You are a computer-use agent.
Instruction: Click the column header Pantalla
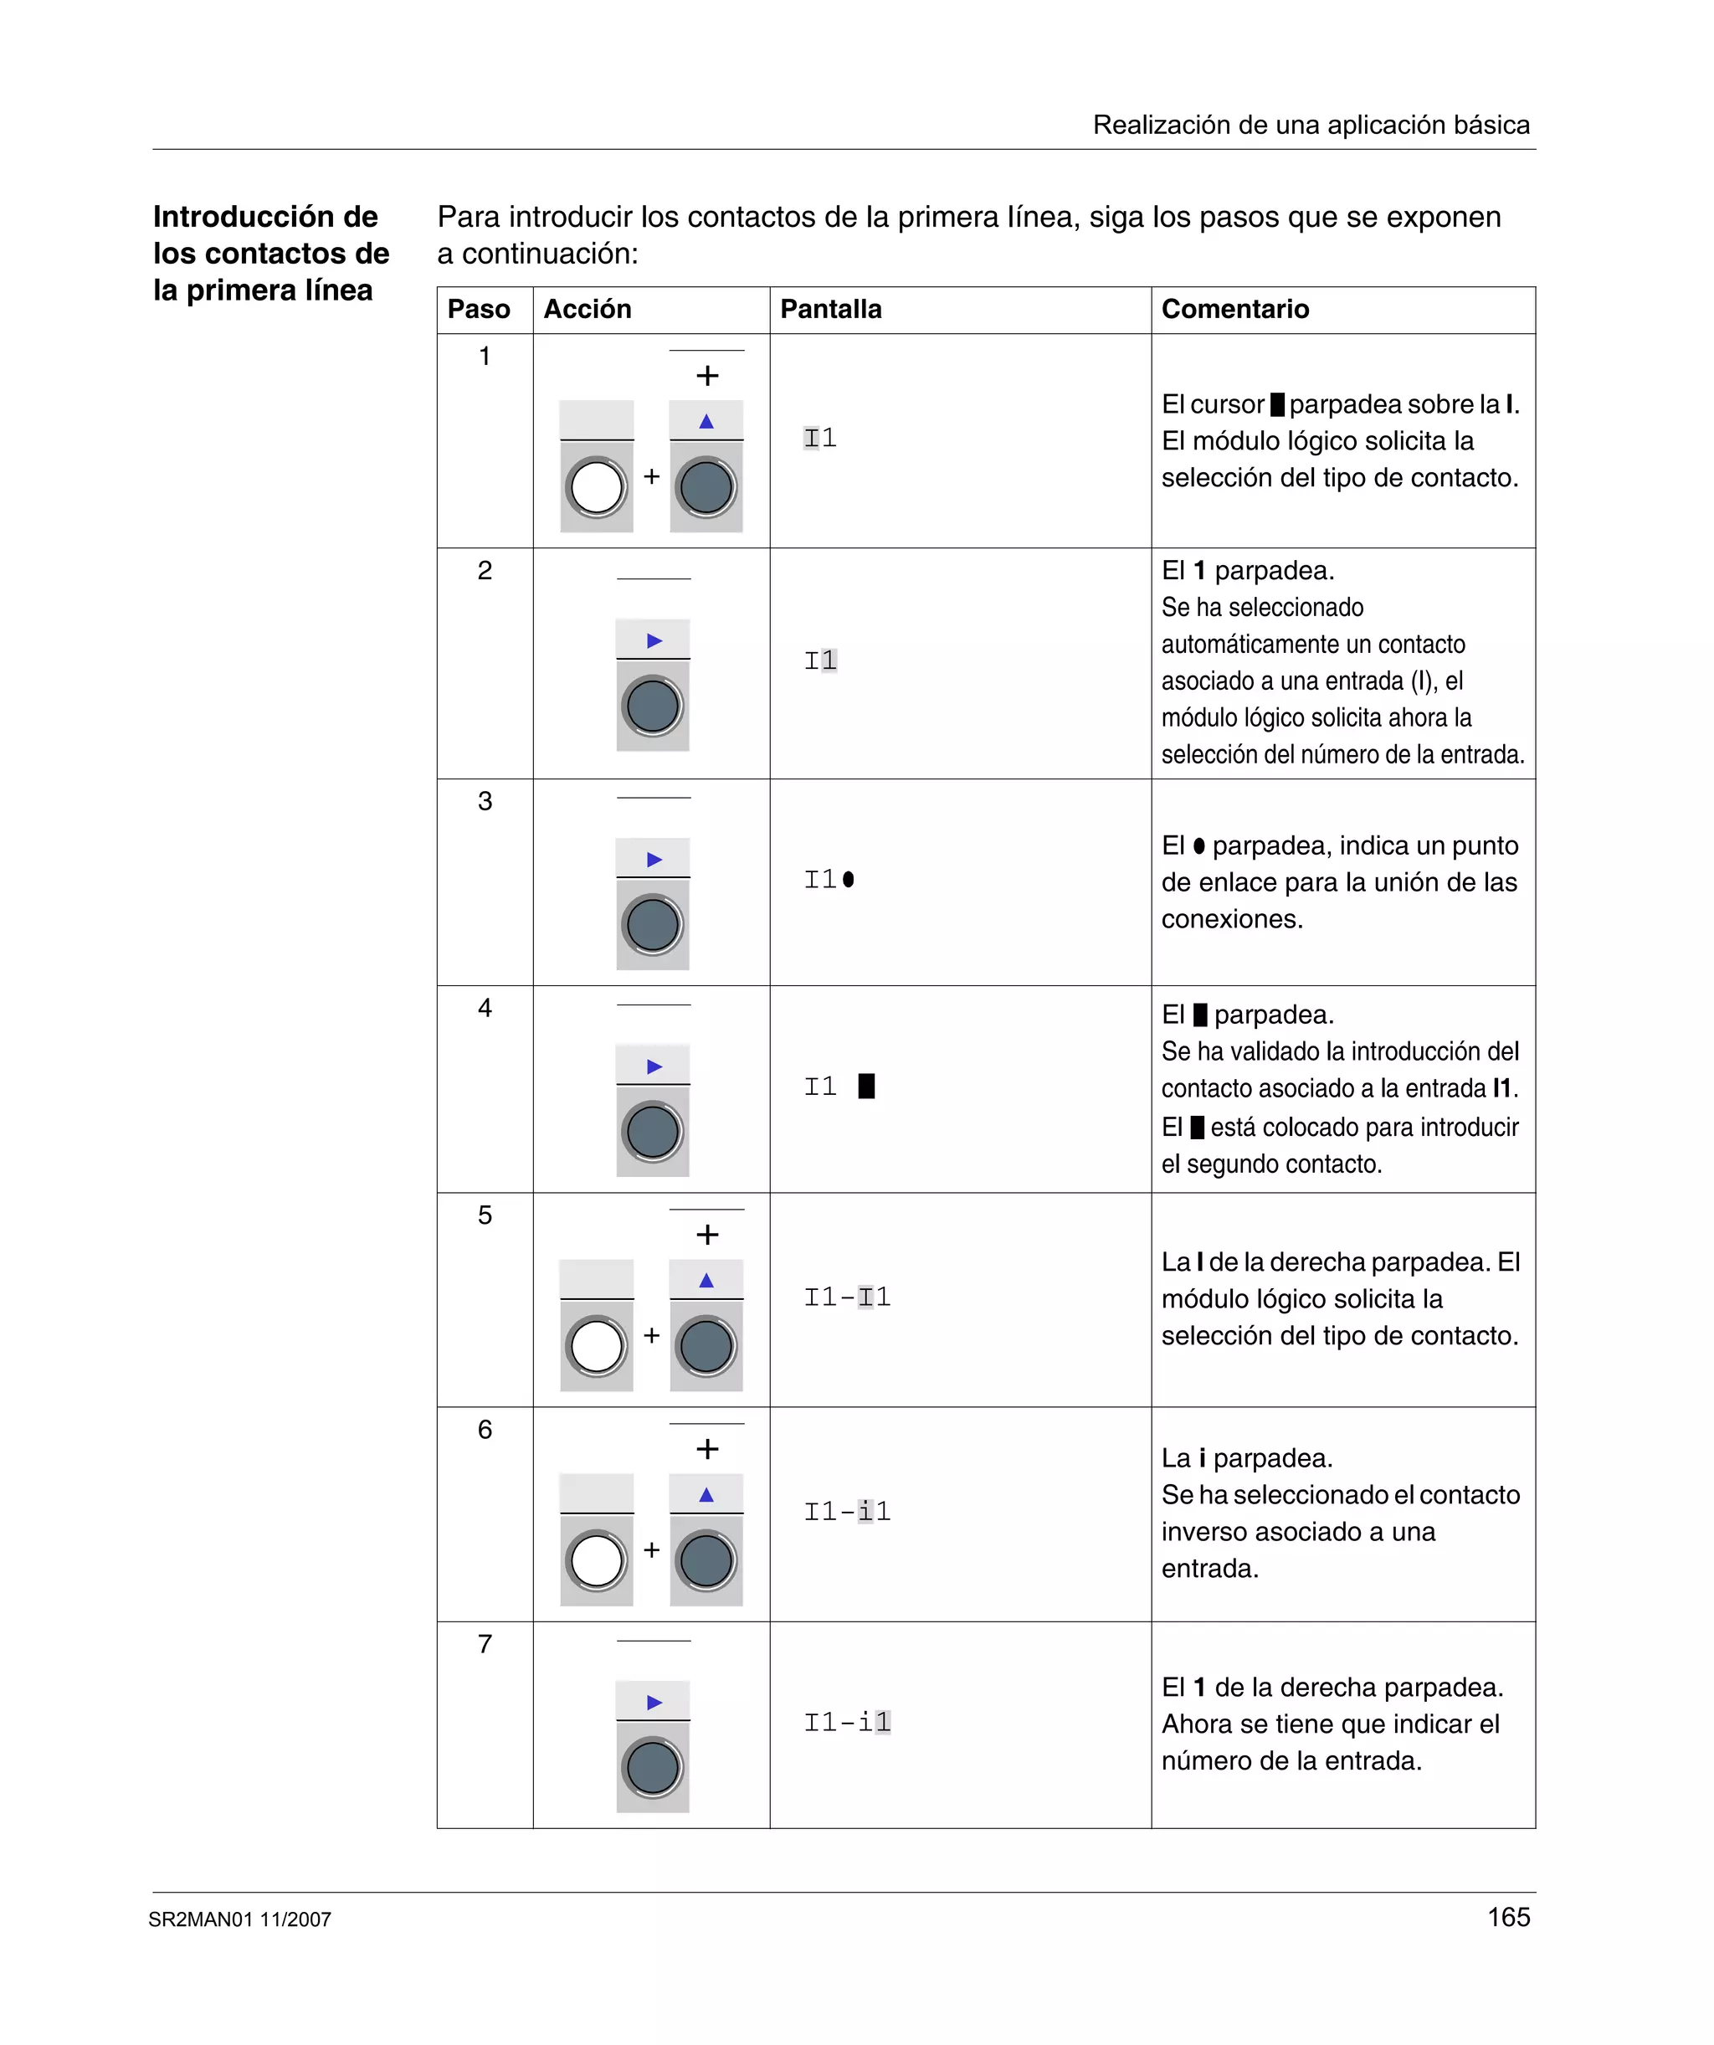(831, 310)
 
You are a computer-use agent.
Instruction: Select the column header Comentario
(1234, 310)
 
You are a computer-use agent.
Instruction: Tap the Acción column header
(588, 310)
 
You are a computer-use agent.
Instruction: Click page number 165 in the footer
(1508, 1918)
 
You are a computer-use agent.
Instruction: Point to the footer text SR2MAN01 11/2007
(239, 1919)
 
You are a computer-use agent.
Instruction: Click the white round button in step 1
(597, 488)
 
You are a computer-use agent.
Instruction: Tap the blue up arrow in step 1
(706, 422)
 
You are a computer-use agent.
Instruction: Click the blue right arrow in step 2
(654, 640)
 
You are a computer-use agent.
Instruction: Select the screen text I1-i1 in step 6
(847, 1511)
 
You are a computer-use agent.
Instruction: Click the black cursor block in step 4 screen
(865, 1086)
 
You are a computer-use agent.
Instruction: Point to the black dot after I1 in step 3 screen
(849, 879)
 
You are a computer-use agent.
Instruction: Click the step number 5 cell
(485, 1215)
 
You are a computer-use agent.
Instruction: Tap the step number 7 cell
(485, 1644)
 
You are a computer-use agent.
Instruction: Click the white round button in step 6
(597, 1561)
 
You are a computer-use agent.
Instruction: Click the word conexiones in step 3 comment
(1230, 919)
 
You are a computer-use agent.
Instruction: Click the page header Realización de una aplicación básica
(1311, 125)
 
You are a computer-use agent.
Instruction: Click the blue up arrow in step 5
(706, 1281)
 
